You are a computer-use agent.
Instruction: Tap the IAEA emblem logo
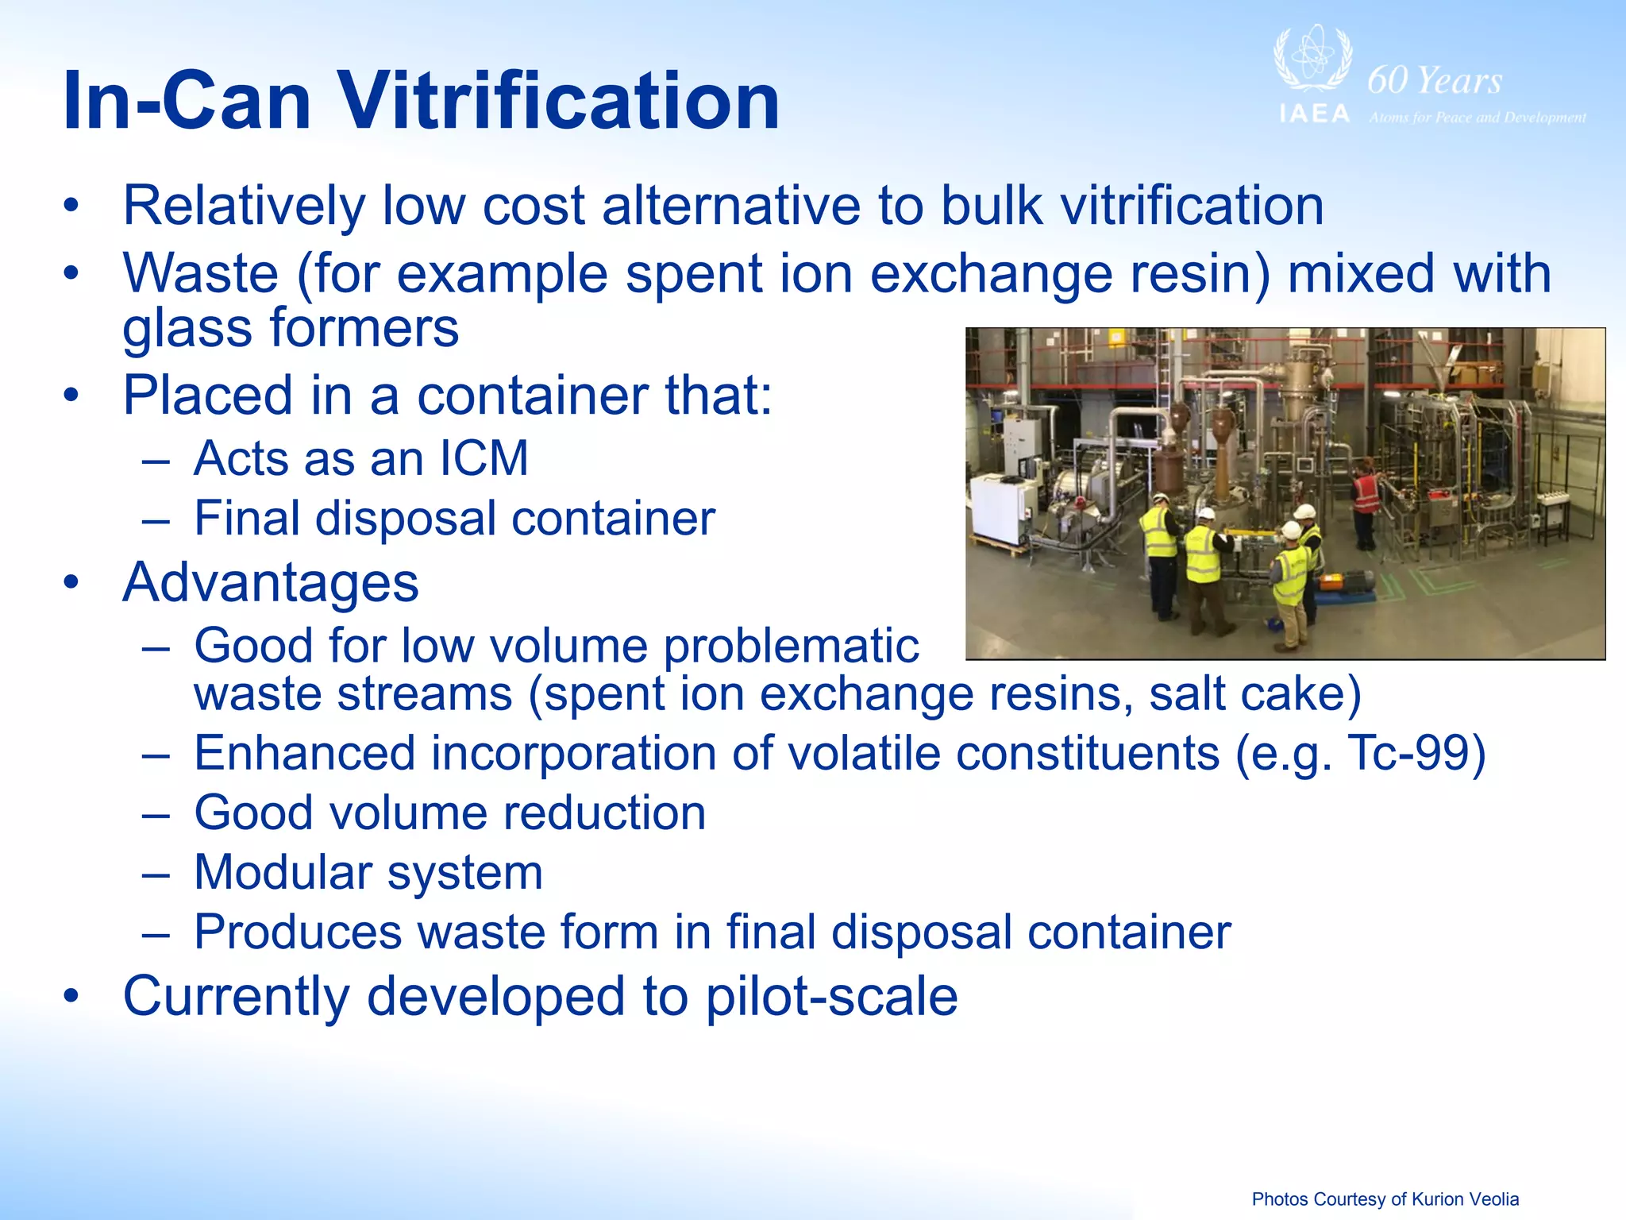1313,60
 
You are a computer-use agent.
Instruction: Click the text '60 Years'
1435,80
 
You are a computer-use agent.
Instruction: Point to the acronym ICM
484,458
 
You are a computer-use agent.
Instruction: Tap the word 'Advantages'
271,582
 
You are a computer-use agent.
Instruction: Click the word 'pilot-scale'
831,996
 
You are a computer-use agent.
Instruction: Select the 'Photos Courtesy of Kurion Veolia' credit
1385,1199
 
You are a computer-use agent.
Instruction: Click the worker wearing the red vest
1366,500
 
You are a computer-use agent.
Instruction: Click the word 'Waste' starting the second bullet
201,273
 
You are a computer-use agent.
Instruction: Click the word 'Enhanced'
305,753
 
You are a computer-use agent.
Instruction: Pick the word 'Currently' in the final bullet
236,996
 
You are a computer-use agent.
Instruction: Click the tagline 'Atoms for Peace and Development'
1477,118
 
